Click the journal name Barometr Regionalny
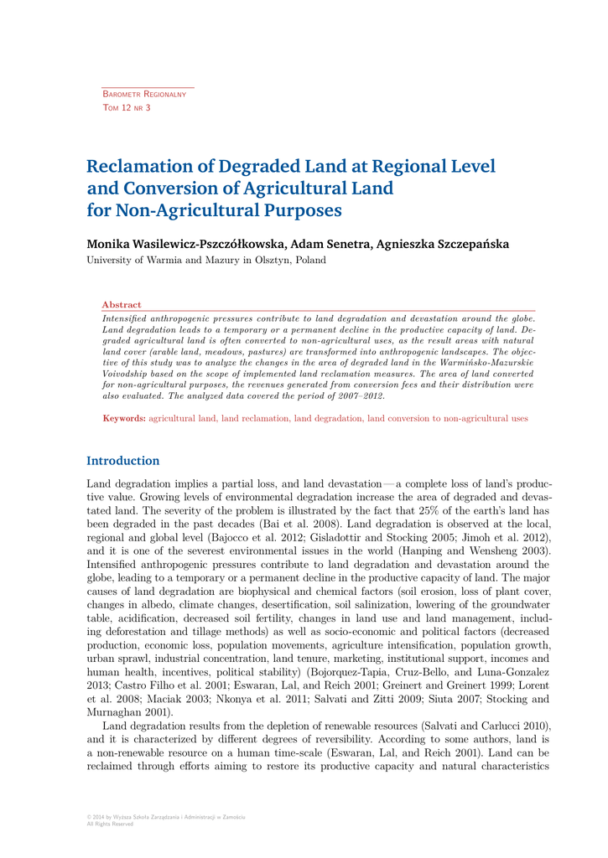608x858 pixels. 143,95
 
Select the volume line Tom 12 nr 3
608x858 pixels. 126,108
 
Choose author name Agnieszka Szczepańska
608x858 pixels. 443,244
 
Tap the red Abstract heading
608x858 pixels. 122,305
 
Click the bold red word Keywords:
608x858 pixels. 124,417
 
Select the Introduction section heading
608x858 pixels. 123,461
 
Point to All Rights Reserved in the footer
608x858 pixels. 110,824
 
